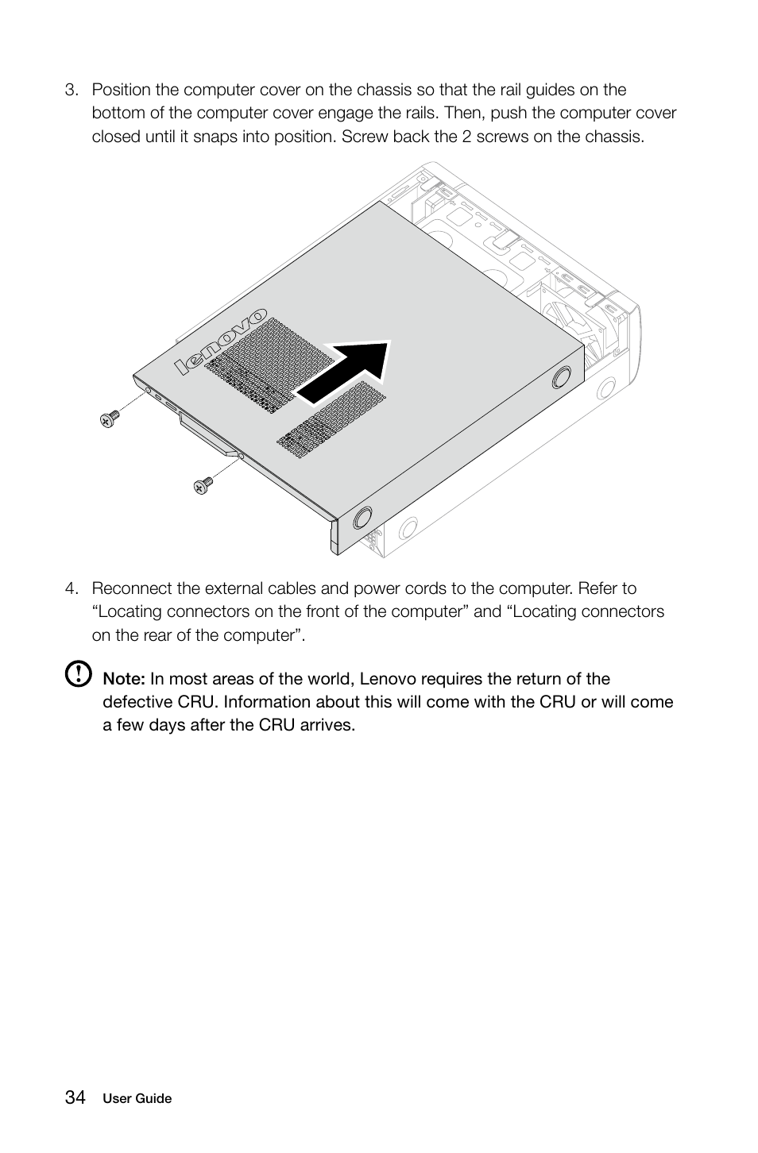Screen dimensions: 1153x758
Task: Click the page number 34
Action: tap(75, 1097)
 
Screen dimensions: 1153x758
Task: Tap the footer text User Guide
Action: tap(137, 1099)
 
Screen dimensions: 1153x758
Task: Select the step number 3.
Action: tap(72, 90)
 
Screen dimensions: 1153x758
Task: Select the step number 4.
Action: tap(72, 588)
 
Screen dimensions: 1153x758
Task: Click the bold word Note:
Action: tap(123, 679)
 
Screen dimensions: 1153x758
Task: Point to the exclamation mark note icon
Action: tap(78, 675)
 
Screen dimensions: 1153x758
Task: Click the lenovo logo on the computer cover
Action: tap(221, 341)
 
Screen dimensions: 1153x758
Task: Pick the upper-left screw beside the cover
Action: tap(110, 418)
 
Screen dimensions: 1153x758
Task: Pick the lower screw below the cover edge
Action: tap(203, 484)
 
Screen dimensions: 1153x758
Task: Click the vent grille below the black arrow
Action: tap(331, 421)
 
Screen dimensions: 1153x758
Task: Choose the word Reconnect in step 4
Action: tap(132, 588)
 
